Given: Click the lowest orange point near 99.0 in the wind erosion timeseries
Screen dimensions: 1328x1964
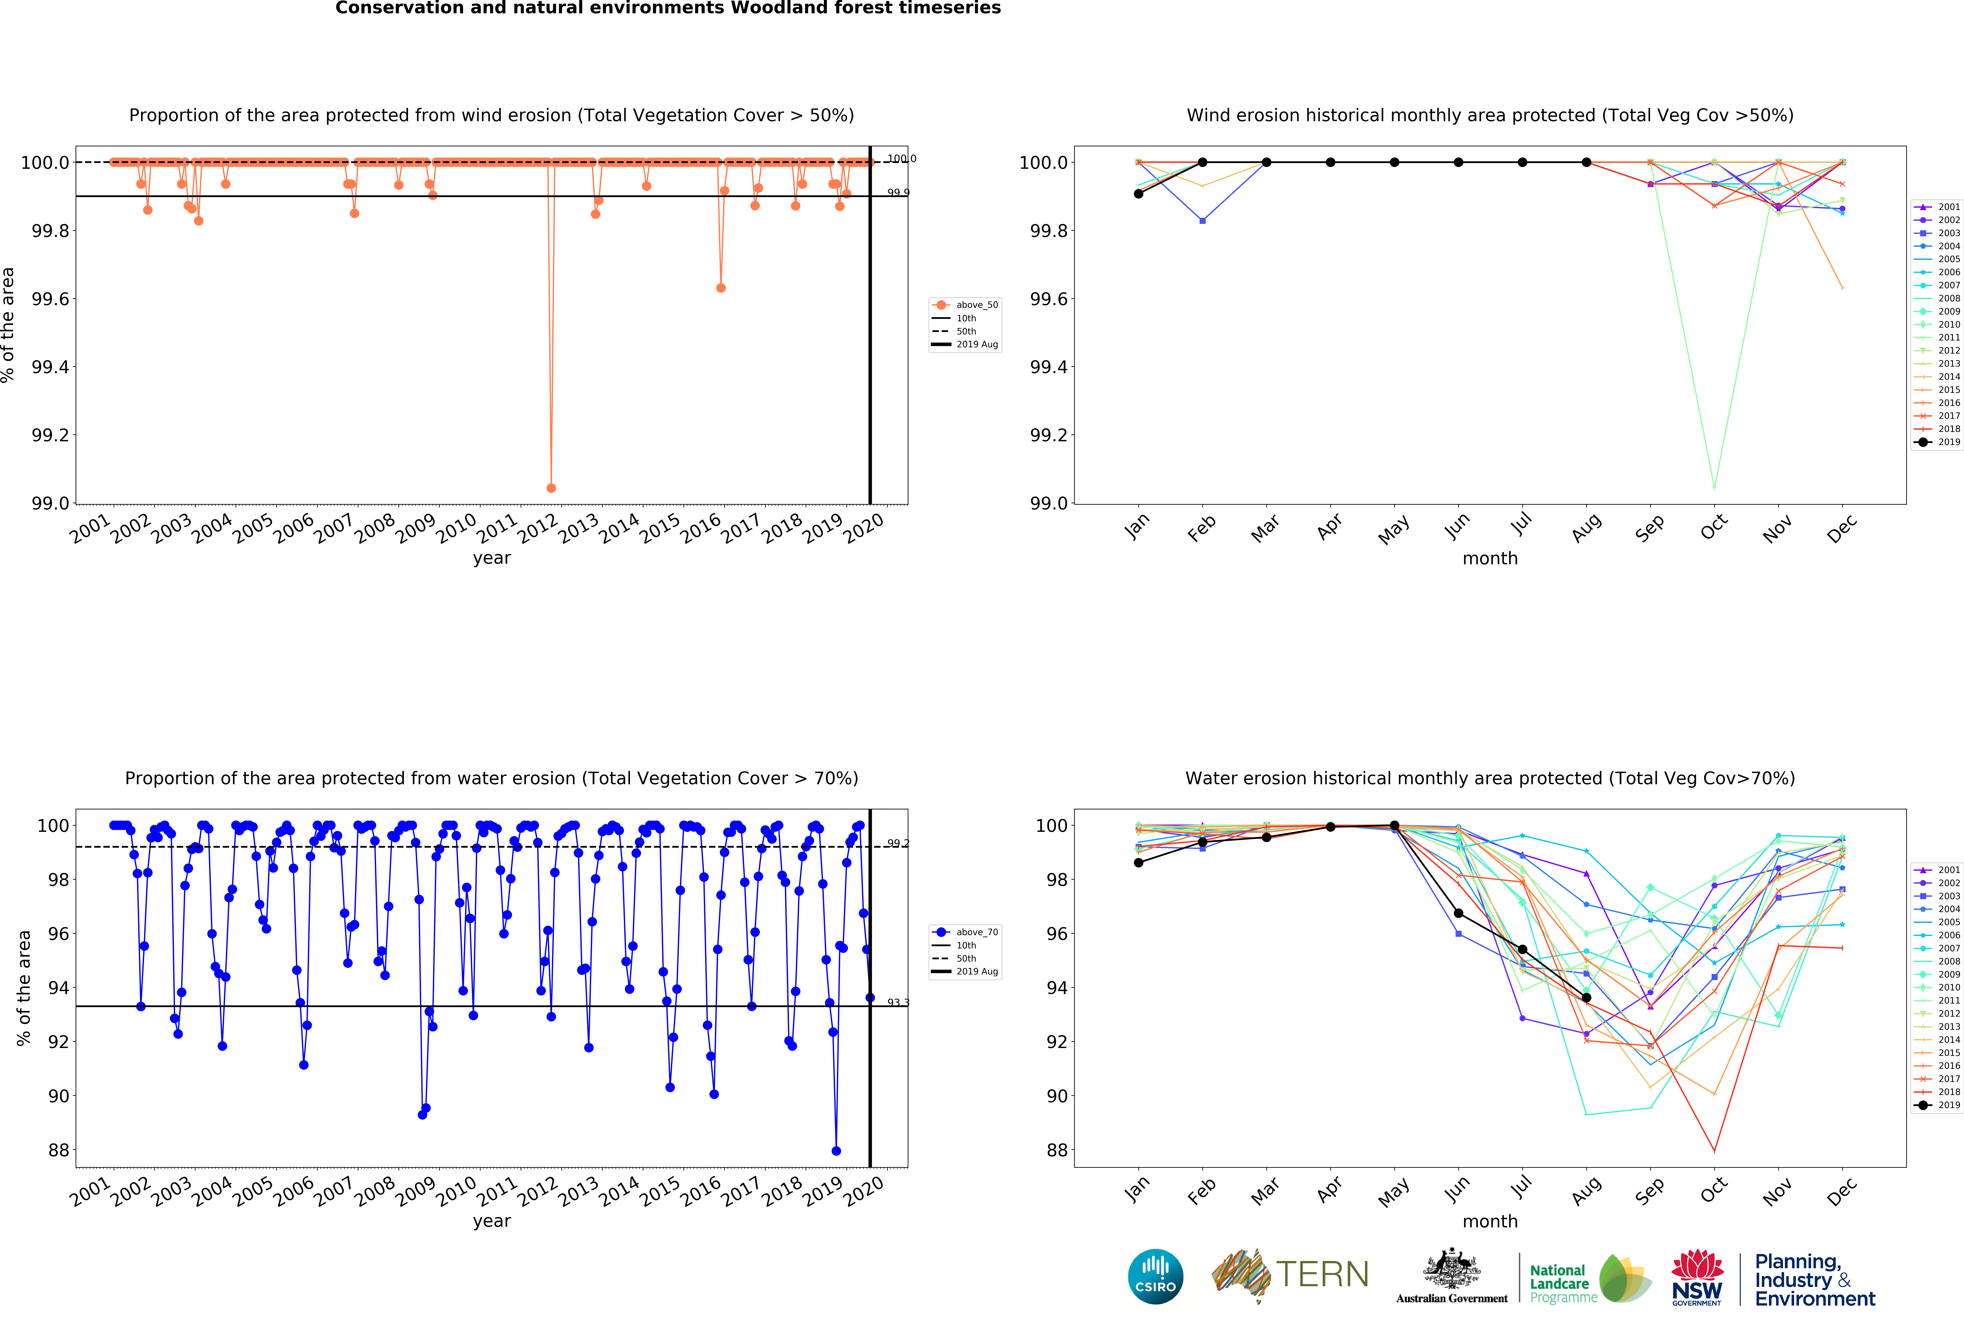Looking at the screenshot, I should pos(551,488).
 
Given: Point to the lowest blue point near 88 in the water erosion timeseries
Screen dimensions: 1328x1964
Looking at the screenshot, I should pos(836,1150).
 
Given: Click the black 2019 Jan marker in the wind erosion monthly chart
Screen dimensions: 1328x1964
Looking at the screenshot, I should pos(1138,194).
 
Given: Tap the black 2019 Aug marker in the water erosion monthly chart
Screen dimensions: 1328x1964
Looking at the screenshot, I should pos(1586,998).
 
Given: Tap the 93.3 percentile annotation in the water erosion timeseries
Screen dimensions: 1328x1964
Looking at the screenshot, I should pos(898,1002).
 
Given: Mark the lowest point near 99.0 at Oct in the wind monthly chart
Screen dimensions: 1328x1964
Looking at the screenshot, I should pos(1714,488).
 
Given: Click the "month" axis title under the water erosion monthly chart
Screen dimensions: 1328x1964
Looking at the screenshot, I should pos(1490,1222).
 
